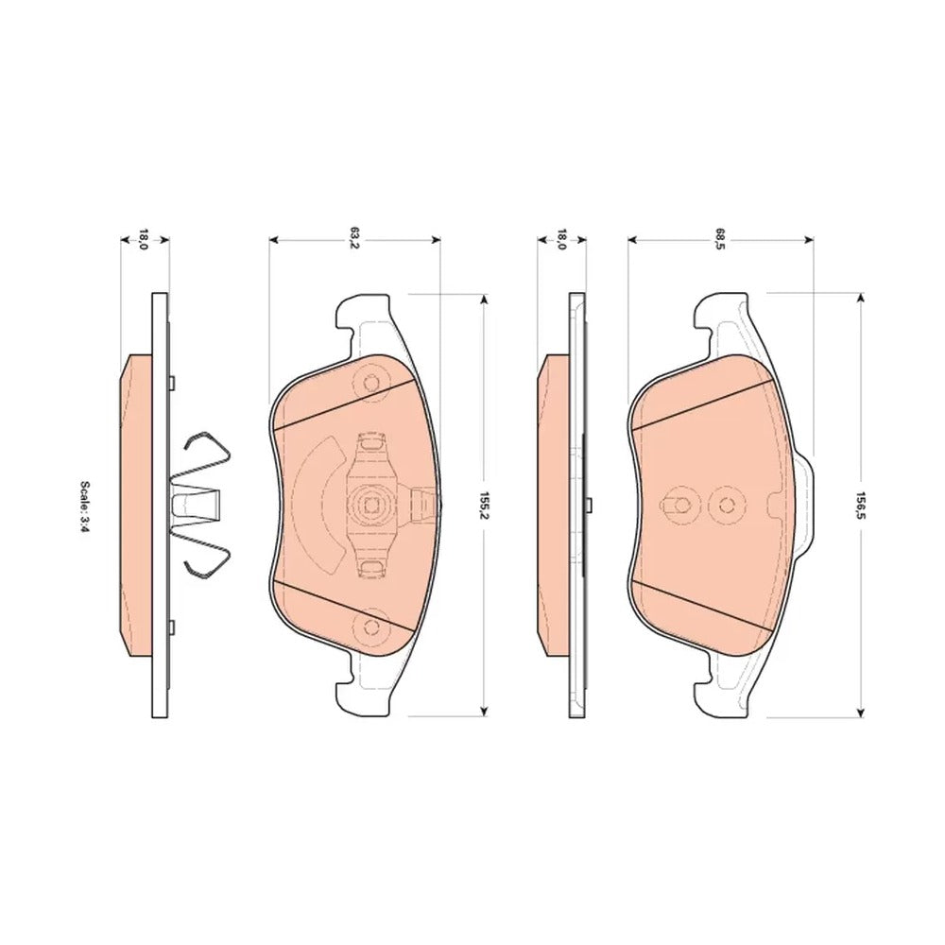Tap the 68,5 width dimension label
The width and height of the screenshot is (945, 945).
(x=720, y=239)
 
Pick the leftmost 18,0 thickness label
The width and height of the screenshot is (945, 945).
(x=144, y=239)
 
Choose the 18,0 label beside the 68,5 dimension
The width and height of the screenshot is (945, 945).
(x=561, y=239)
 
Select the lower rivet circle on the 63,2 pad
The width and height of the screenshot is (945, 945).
(x=371, y=628)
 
